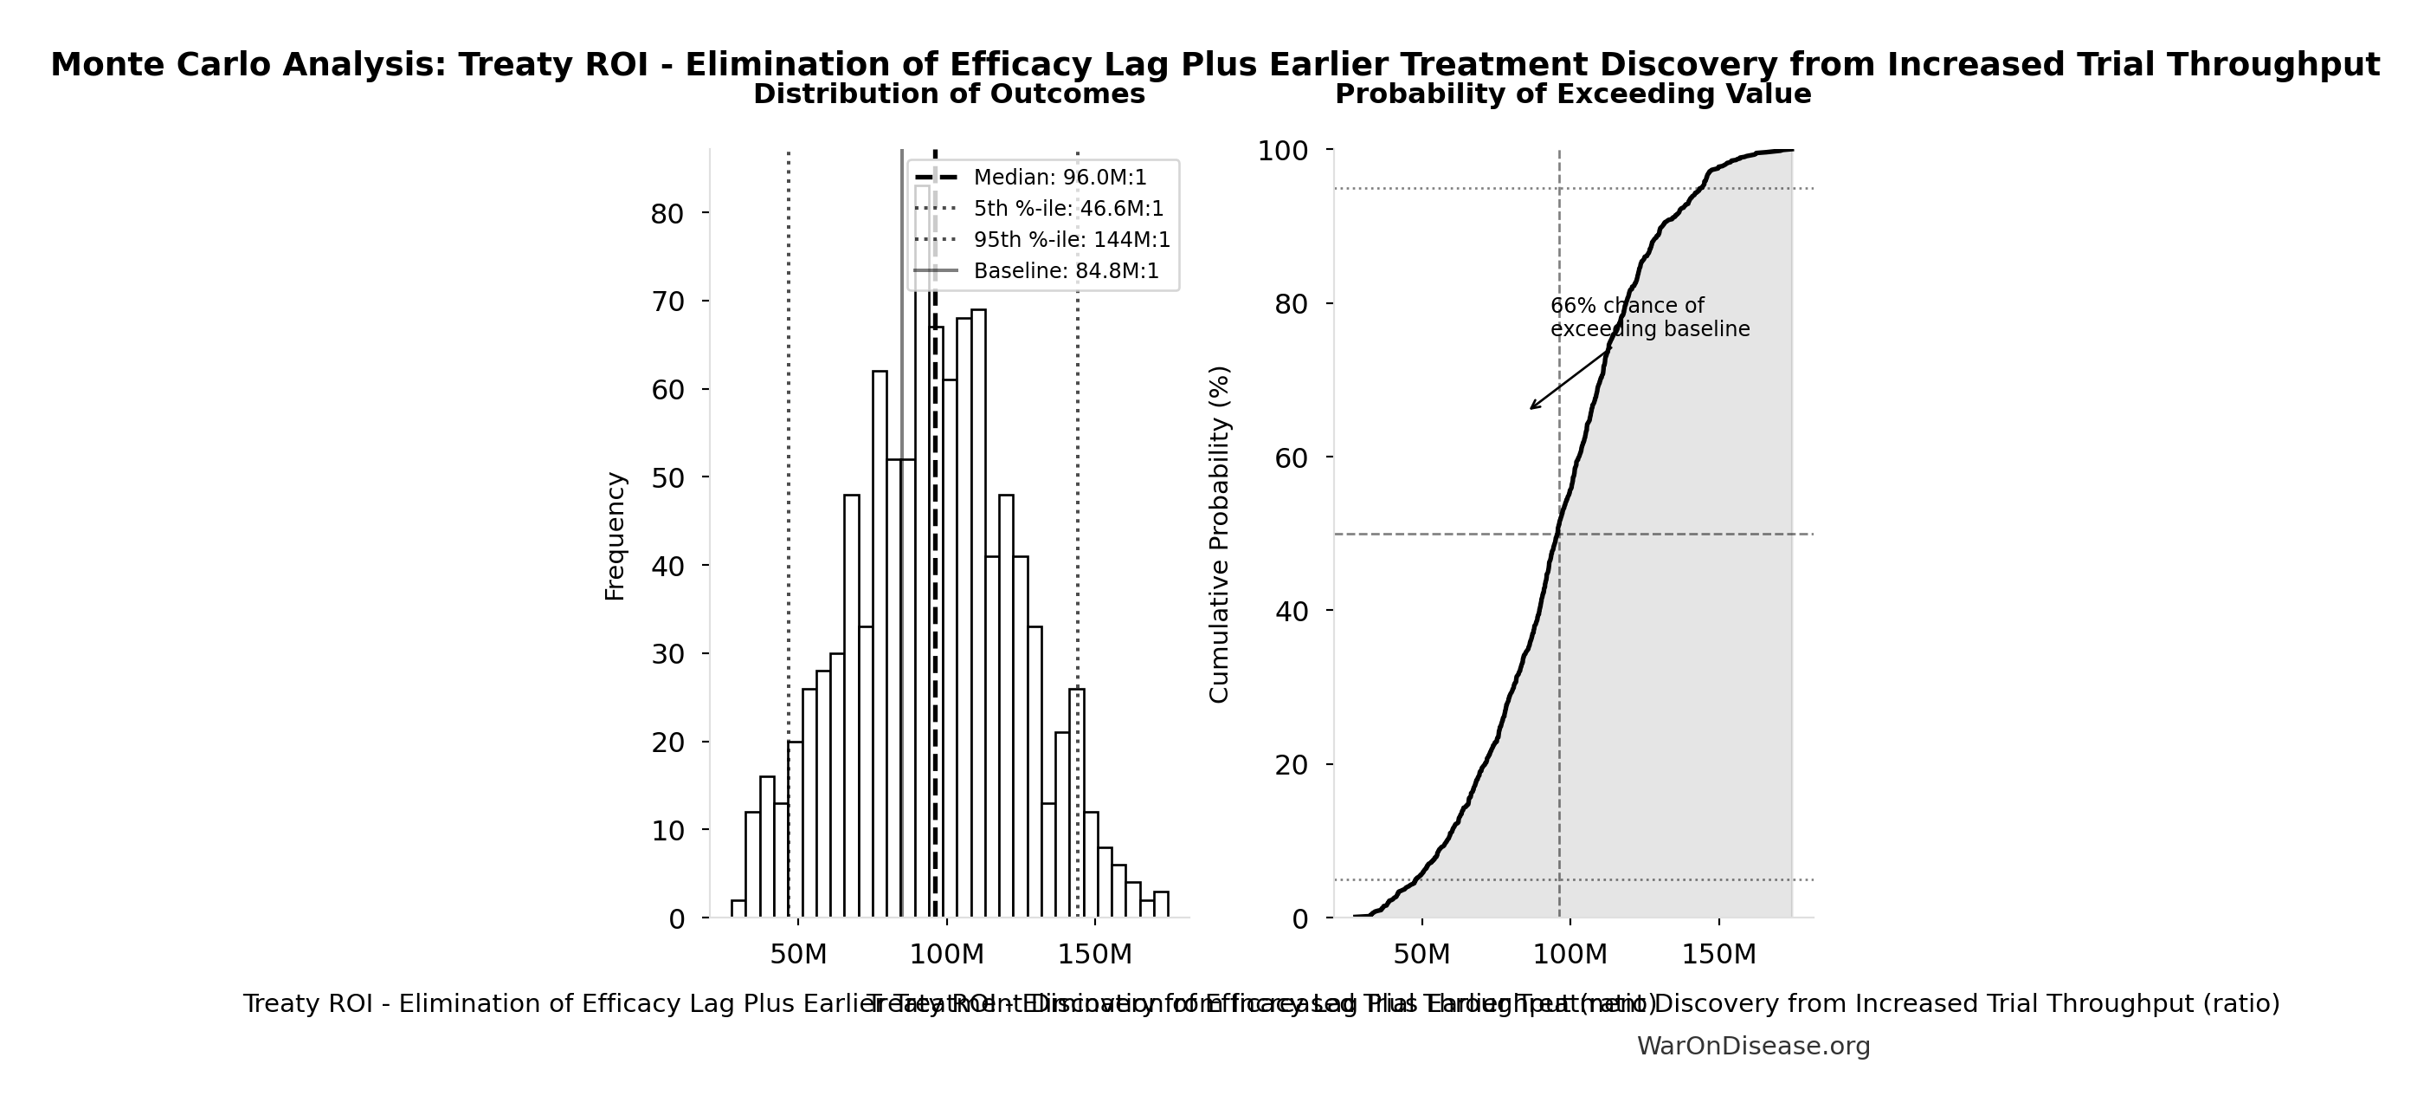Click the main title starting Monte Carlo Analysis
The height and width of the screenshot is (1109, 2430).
pyautogui.click(x=1215, y=65)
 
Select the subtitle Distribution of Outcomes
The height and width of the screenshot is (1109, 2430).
pyautogui.click(x=949, y=94)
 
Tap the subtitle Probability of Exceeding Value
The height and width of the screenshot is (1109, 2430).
pyautogui.click(x=1572, y=94)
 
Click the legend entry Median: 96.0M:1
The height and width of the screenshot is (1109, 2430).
pyautogui.click(x=1060, y=178)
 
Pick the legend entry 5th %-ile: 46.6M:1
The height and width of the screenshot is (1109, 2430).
pyautogui.click(x=1068, y=209)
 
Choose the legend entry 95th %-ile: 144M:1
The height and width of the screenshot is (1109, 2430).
pyautogui.click(x=1072, y=240)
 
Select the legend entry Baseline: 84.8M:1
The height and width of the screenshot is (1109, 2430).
pyautogui.click(x=1066, y=271)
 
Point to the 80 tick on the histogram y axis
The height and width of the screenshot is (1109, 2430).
pyautogui.click(x=667, y=214)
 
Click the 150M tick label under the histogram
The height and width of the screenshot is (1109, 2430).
pyautogui.click(x=1094, y=954)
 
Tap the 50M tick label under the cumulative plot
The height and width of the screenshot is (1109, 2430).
pyautogui.click(x=1421, y=954)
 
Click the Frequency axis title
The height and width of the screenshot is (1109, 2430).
pyautogui.click(x=615, y=536)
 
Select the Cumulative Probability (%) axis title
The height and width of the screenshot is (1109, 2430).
pyautogui.click(x=1220, y=535)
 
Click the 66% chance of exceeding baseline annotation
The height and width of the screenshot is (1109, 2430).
pyautogui.click(x=1649, y=318)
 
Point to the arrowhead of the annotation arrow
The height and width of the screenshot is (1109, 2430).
pyautogui.click(x=1532, y=408)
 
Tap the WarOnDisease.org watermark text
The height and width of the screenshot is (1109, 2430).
pyautogui.click(x=1753, y=1046)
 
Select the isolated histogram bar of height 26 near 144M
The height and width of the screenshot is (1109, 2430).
pyautogui.click(x=1077, y=802)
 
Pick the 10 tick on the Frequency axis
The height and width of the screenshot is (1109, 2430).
pyautogui.click(x=667, y=831)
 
